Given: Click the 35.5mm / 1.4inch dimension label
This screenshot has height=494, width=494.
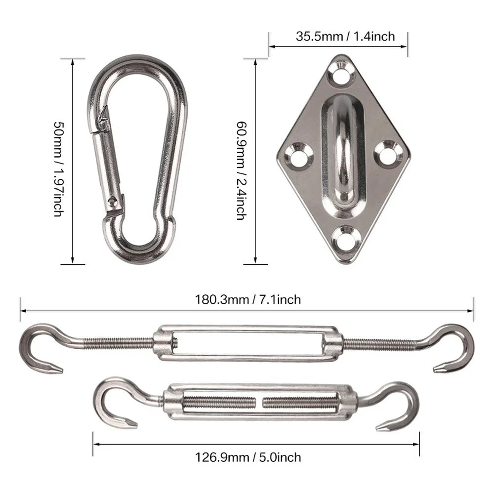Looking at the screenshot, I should point(338,36).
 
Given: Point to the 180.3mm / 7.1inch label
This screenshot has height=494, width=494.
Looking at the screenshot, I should point(247,299).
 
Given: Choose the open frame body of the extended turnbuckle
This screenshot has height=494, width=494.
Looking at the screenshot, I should point(247,343).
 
